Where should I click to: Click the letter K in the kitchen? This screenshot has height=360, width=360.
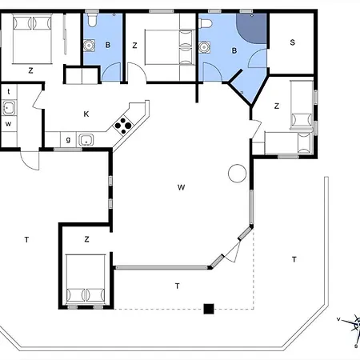(86, 114)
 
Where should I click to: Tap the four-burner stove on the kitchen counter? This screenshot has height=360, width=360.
(124, 124)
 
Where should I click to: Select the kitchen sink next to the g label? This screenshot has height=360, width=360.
(86, 141)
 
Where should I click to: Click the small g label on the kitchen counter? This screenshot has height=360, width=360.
(68, 140)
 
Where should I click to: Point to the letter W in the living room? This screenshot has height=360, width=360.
(182, 187)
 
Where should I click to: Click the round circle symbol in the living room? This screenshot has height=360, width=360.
(236, 172)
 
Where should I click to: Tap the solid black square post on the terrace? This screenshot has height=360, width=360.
(209, 308)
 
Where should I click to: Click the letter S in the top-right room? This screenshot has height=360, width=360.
(292, 42)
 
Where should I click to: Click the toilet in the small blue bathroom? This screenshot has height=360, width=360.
(94, 21)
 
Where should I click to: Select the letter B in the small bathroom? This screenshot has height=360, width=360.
(107, 45)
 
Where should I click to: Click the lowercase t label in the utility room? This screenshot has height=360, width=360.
(9, 92)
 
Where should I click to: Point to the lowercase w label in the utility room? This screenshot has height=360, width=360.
(8, 123)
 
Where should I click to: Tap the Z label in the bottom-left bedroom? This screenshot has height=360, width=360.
(86, 238)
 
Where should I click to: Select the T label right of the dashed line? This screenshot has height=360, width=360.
(294, 258)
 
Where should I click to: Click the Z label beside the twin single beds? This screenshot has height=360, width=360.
(277, 105)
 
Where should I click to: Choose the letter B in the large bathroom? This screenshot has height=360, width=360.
(234, 50)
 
